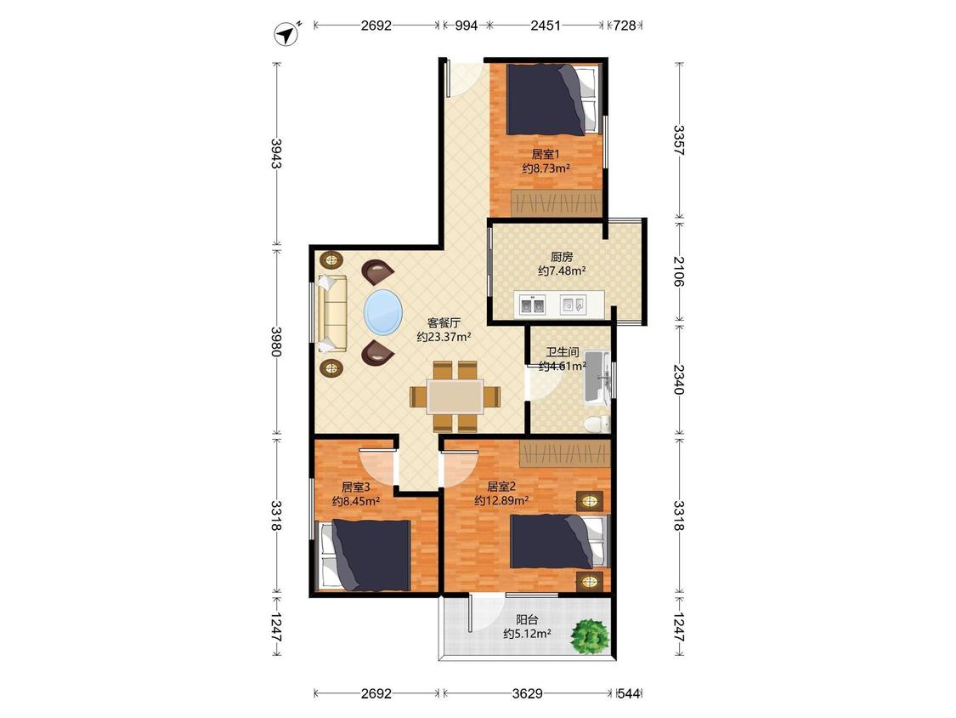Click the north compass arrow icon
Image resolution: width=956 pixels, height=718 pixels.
(286, 33)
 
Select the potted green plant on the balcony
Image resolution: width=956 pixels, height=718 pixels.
(590, 636)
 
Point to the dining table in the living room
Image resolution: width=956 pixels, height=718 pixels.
(455, 396)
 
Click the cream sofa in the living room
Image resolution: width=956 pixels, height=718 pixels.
(331, 314)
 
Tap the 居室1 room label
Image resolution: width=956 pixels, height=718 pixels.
(545, 154)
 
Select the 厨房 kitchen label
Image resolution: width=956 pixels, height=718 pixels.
(562, 257)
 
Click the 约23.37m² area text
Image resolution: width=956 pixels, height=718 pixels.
(444, 337)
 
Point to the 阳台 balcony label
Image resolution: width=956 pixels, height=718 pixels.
(527, 619)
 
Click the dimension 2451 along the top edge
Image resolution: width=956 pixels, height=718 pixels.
(545, 26)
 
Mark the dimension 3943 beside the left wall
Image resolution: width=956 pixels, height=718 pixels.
(277, 154)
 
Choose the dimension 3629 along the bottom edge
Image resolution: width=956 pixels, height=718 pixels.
(528, 693)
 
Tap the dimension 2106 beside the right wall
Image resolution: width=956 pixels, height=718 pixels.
(679, 271)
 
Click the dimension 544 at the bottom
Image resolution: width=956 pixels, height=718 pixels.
(629, 693)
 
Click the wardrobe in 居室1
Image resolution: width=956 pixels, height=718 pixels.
(556, 202)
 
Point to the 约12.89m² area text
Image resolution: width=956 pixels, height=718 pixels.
(501, 501)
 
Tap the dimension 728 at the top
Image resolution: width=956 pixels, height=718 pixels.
(625, 26)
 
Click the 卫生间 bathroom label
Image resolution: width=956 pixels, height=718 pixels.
(563, 352)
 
